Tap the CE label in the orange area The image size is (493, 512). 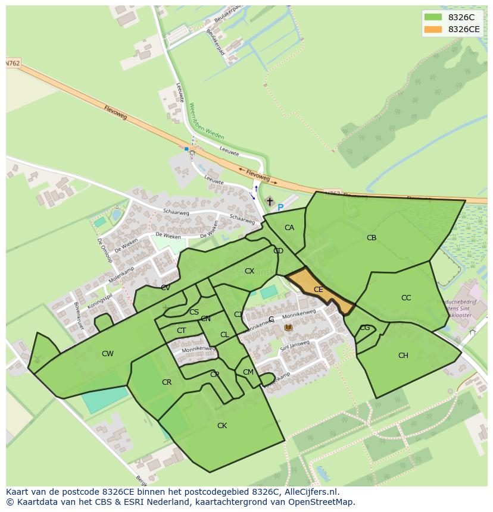coord(318,290)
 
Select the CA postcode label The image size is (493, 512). coord(289,228)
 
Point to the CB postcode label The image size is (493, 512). coord(372,238)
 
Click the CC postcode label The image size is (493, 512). coord(406,298)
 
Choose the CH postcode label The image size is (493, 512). coord(403,356)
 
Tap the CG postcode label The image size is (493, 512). coord(365,328)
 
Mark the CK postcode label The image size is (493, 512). coord(222,426)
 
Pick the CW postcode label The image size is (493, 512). coord(107,354)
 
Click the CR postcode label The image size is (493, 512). coord(167,382)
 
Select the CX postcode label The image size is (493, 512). coord(249,271)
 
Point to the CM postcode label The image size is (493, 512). coord(248,372)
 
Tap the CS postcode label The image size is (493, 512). coord(194,312)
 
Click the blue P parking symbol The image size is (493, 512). coord(280,208)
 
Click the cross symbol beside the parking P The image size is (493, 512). coord(270,202)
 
